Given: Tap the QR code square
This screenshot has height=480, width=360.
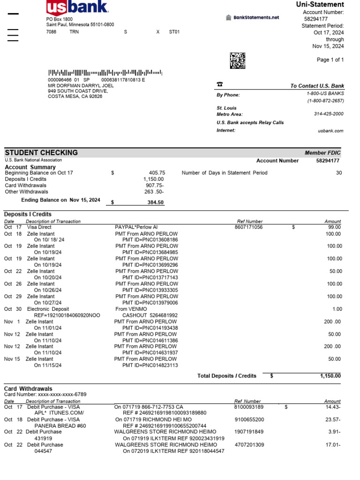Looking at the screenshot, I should (238, 60).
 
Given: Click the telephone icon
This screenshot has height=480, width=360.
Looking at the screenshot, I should (219, 84).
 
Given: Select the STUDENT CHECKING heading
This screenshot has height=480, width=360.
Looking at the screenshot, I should (41, 153).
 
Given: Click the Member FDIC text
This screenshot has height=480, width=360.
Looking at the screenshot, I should (322, 153).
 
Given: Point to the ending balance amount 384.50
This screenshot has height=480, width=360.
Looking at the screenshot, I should (155, 202).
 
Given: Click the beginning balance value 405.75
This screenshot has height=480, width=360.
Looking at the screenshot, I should (157, 173).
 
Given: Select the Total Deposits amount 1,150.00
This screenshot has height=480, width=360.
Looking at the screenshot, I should (330, 376).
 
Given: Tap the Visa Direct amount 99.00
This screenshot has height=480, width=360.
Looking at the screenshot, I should (334, 227).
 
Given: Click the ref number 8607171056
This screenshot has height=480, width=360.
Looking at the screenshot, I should (249, 227).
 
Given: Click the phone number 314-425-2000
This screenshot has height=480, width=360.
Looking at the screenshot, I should (329, 114).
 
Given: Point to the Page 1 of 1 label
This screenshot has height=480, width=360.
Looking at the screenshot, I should (330, 60).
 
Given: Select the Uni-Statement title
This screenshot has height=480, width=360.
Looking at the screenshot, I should (320, 5).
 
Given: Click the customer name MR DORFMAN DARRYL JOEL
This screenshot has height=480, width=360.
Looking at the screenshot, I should (81, 86).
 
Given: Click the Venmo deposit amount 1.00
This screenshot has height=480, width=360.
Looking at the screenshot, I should (336, 309).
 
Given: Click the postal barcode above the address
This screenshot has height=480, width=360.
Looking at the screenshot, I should (105, 73).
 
